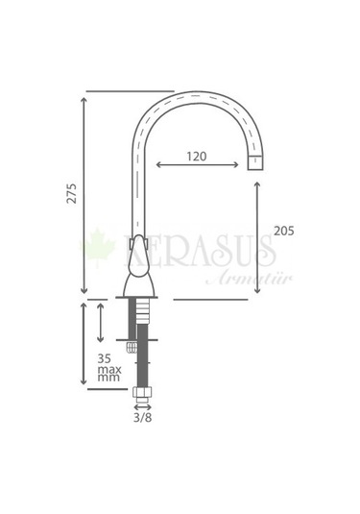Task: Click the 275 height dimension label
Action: (71, 194)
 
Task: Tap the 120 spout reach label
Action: (197, 157)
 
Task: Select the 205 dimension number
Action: (284, 232)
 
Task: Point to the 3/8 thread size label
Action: (142, 418)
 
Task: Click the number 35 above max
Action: (105, 358)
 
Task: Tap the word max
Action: (109, 370)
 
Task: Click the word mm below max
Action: (108, 378)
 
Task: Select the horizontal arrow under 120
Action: (197, 164)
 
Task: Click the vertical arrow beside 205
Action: (257, 237)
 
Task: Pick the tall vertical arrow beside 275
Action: (84, 195)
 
